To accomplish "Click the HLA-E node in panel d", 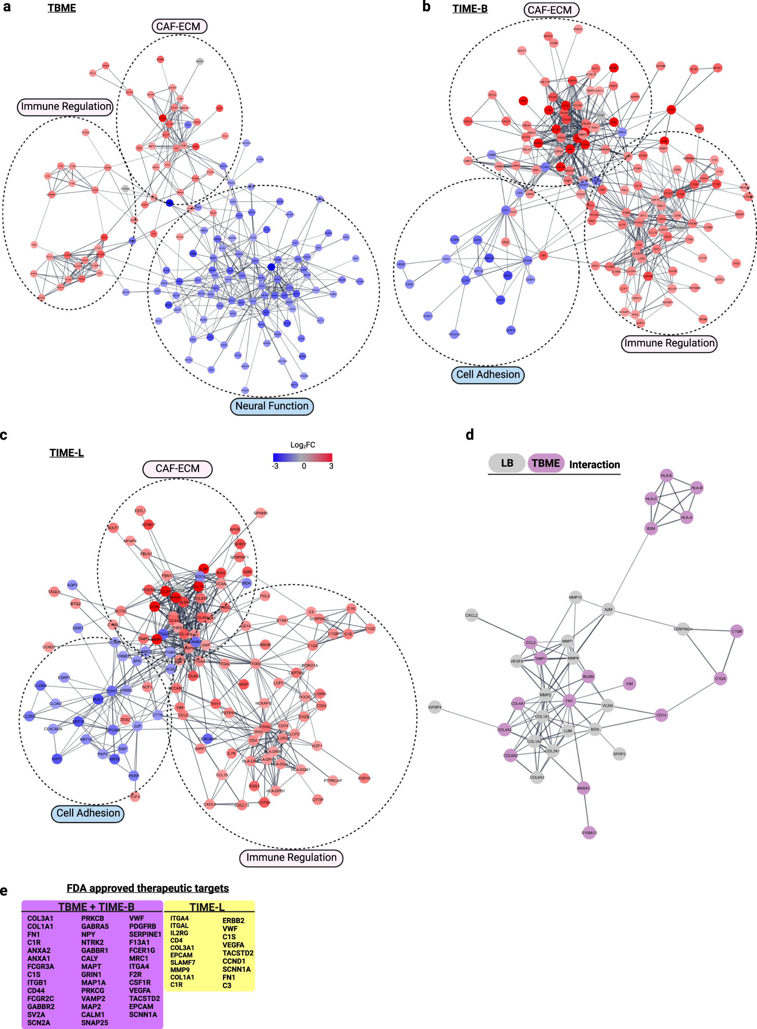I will coord(666,475).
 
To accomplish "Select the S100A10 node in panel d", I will coord(589,832).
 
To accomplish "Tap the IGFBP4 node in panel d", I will coord(434,707).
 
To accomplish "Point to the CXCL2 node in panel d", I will coord(471,615).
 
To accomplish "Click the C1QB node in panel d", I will coord(736,631).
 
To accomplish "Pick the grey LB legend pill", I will coord(506,463).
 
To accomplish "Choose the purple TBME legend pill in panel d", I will coord(545,463).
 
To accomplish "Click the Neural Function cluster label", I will coord(272,406).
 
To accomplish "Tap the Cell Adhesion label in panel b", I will coord(488,375).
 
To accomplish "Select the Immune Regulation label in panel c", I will coord(291,857).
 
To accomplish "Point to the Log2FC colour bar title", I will coord(302,445).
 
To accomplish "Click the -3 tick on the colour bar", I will coord(275,466).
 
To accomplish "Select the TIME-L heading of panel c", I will coord(67,453).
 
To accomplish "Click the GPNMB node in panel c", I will coord(260,513).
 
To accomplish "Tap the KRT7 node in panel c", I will coord(57,759).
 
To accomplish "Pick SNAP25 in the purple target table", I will coord(94,1022).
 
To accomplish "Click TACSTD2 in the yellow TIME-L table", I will coord(238,953).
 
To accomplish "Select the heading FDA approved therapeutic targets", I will coord(148,888).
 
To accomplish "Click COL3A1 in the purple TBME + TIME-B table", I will coord(40,919).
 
